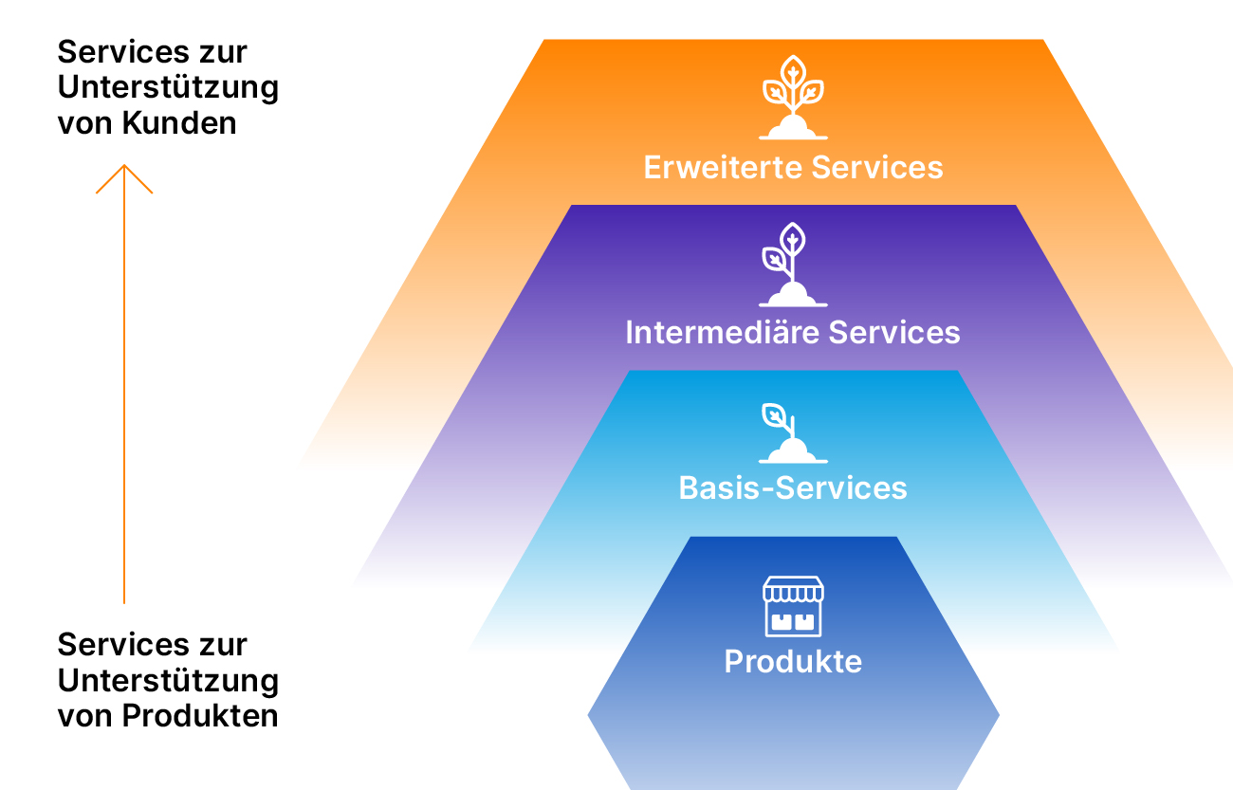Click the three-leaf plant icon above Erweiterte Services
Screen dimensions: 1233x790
[x=793, y=98]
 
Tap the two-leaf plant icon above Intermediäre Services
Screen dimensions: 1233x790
[x=793, y=265]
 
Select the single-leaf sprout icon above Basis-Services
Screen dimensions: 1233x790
[x=793, y=433]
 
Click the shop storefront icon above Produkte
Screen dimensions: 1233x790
[x=793, y=606]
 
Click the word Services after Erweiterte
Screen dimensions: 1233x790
[x=877, y=167]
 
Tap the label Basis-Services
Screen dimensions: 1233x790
[x=793, y=487]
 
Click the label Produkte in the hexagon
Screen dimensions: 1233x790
[x=793, y=661]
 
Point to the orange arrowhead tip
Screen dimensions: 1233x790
[x=124, y=165]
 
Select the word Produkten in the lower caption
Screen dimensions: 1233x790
[x=200, y=716]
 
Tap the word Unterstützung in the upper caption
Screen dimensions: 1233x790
[x=168, y=88]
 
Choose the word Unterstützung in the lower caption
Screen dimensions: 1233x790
[x=168, y=682]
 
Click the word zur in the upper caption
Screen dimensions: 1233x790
[x=224, y=53]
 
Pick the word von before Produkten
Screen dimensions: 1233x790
[x=84, y=717]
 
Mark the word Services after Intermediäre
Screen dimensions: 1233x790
[x=894, y=333]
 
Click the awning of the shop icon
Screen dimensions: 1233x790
[x=793, y=589]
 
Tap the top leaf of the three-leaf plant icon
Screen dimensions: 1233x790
[x=793, y=72]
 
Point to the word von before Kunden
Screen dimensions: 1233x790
[x=84, y=124]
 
